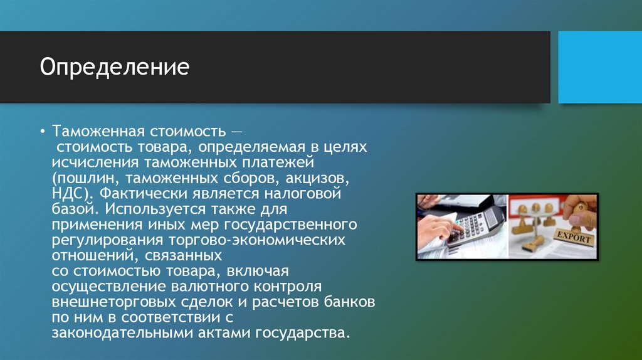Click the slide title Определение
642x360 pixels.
115,67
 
